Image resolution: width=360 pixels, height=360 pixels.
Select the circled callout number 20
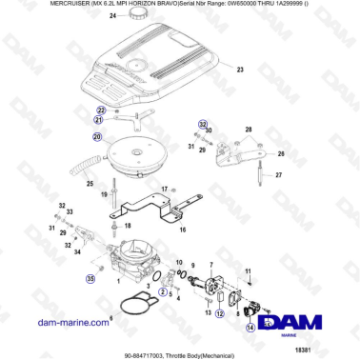(x=96, y=137)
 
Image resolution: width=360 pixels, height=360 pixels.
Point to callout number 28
(x=249, y=130)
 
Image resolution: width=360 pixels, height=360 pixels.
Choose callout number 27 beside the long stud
(x=279, y=176)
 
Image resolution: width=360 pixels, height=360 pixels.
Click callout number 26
(x=279, y=151)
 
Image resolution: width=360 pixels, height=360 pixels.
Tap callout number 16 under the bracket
(x=182, y=230)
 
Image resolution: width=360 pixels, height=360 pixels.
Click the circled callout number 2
(x=163, y=291)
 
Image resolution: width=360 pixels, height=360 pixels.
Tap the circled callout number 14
(x=250, y=327)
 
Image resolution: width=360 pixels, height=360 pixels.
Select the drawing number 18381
(x=331, y=351)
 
